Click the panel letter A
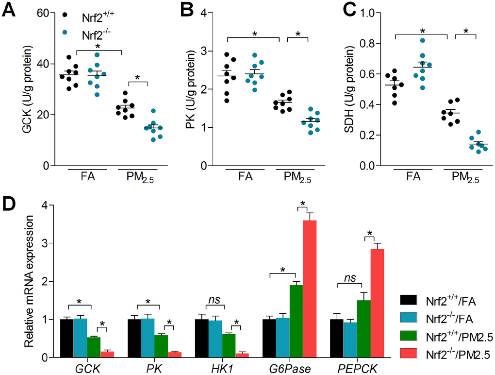pyautogui.click(x=11, y=11)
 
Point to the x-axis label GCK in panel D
pyautogui.click(x=87, y=368)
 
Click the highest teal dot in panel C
pyautogui.click(x=409, y=41)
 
